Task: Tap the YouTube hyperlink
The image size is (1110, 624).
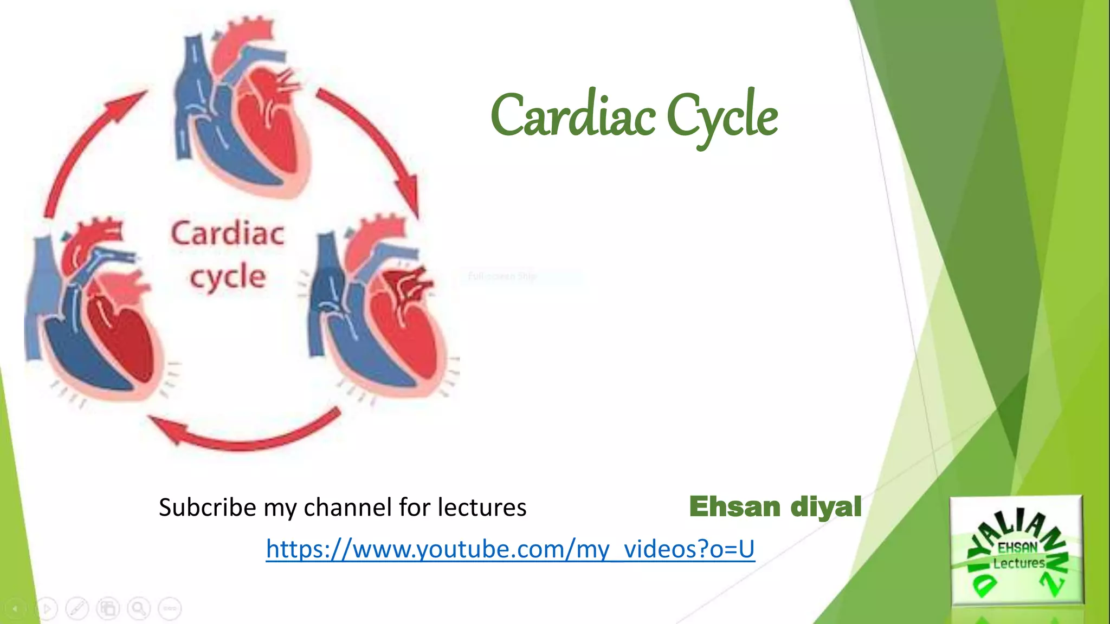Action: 510,549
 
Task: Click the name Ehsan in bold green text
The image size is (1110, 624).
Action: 734,507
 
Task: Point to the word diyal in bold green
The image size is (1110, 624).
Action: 825,507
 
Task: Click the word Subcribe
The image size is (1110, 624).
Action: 207,508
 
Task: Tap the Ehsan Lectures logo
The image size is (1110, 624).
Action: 1017,550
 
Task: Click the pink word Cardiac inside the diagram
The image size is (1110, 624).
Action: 228,234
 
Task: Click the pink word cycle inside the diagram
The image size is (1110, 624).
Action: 228,277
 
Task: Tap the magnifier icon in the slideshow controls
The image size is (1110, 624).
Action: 139,609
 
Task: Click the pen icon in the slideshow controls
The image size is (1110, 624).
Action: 77,609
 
